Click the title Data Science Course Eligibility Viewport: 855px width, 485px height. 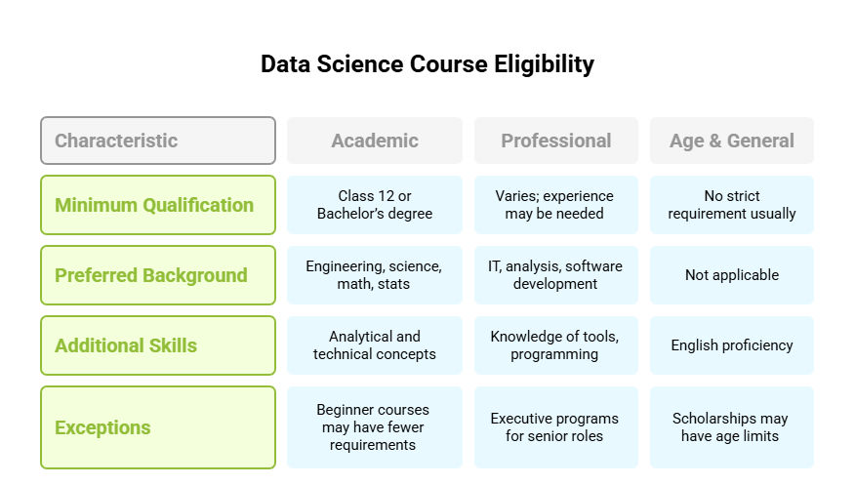(427, 64)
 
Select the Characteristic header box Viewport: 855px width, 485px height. (158, 141)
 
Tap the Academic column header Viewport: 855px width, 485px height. (375, 141)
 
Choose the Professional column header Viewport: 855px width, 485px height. (556, 141)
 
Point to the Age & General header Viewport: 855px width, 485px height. (732, 141)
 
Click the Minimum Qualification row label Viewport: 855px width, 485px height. (158, 205)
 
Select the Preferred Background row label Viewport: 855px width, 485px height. (158, 275)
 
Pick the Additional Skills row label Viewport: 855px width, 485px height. (158, 345)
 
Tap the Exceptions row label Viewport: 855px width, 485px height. (158, 427)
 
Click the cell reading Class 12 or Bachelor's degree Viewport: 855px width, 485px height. (375, 205)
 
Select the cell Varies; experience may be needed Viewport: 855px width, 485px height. (556, 205)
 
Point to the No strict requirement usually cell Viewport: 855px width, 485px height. (732, 205)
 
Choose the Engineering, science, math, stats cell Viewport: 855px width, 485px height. (375, 275)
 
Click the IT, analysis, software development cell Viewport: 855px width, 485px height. (556, 275)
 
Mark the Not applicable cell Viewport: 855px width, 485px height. (732, 275)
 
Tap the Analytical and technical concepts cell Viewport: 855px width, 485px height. (375, 345)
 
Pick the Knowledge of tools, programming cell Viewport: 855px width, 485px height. (556, 345)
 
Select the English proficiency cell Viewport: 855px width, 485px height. (732, 345)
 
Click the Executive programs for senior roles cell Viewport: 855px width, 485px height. (556, 427)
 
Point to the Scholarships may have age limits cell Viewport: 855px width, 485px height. (732, 427)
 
